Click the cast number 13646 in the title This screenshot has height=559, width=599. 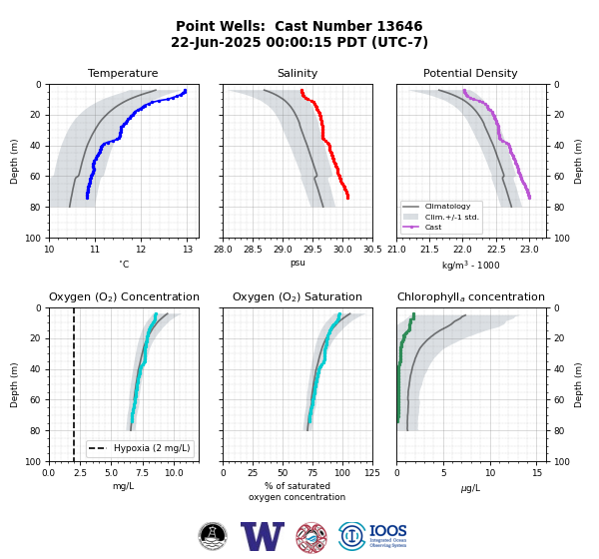pos(399,26)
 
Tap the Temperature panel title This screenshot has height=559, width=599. pos(123,73)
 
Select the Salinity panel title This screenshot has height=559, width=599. pos(298,73)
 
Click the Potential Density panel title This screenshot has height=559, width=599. pos(470,73)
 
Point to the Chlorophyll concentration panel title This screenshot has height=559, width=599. pos(471,296)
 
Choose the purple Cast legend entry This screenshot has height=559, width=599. pos(422,227)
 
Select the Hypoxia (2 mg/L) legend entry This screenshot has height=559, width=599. pos(140,448)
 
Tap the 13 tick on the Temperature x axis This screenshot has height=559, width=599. pos(188,250)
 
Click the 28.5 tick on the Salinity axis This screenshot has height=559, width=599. pos(253,250)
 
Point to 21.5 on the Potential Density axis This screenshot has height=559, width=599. pos(429,250)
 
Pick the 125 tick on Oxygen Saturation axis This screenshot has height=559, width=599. pos(372,473)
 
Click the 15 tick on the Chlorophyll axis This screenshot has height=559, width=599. pos(537,473)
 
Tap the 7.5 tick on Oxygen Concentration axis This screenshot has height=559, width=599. pos(143,473)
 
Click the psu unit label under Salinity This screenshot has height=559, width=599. pos(298,263)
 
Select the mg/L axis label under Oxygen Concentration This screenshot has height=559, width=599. pos(124,486)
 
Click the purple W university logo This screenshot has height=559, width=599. pos(263,536)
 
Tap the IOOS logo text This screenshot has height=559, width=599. pos(387,531)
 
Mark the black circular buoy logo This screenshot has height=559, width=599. pos(213,536)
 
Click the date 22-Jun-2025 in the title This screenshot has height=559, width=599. pos(216,42)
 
